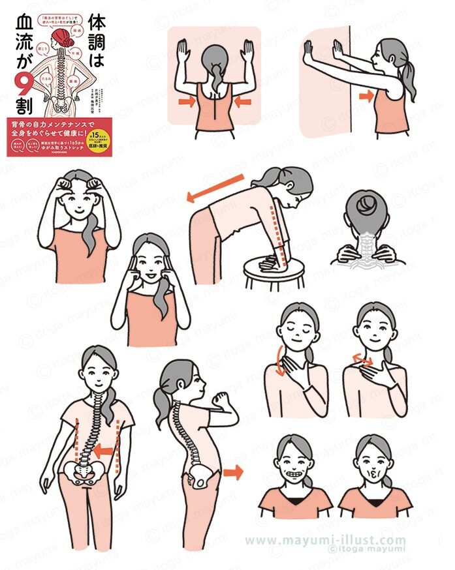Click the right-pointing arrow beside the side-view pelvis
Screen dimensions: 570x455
click(x=232, y=472)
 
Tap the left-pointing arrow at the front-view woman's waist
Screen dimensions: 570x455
click(x=104, y=450)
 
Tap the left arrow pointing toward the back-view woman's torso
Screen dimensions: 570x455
click(x=187, y=101)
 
